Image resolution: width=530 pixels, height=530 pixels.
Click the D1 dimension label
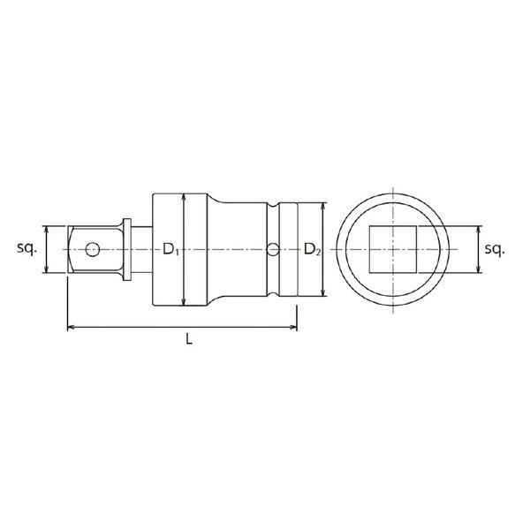(x=170, y=249)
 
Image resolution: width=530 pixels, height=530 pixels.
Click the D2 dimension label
(x=313, y=249)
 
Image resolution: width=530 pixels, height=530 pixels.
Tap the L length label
(x=189, y=338)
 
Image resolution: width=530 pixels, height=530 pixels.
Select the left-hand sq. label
(x=26, y=248)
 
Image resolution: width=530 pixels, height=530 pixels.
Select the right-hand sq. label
(x=495, y=249)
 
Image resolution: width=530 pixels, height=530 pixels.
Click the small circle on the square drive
(x=92, y=249)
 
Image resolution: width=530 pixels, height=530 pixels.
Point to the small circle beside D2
(x=273, y=249)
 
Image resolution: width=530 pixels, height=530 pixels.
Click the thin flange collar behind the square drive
(x=126, y=249)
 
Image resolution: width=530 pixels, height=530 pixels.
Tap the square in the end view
(x=392, y=249)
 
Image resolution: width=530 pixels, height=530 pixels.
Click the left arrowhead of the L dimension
(x=71, y=327)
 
